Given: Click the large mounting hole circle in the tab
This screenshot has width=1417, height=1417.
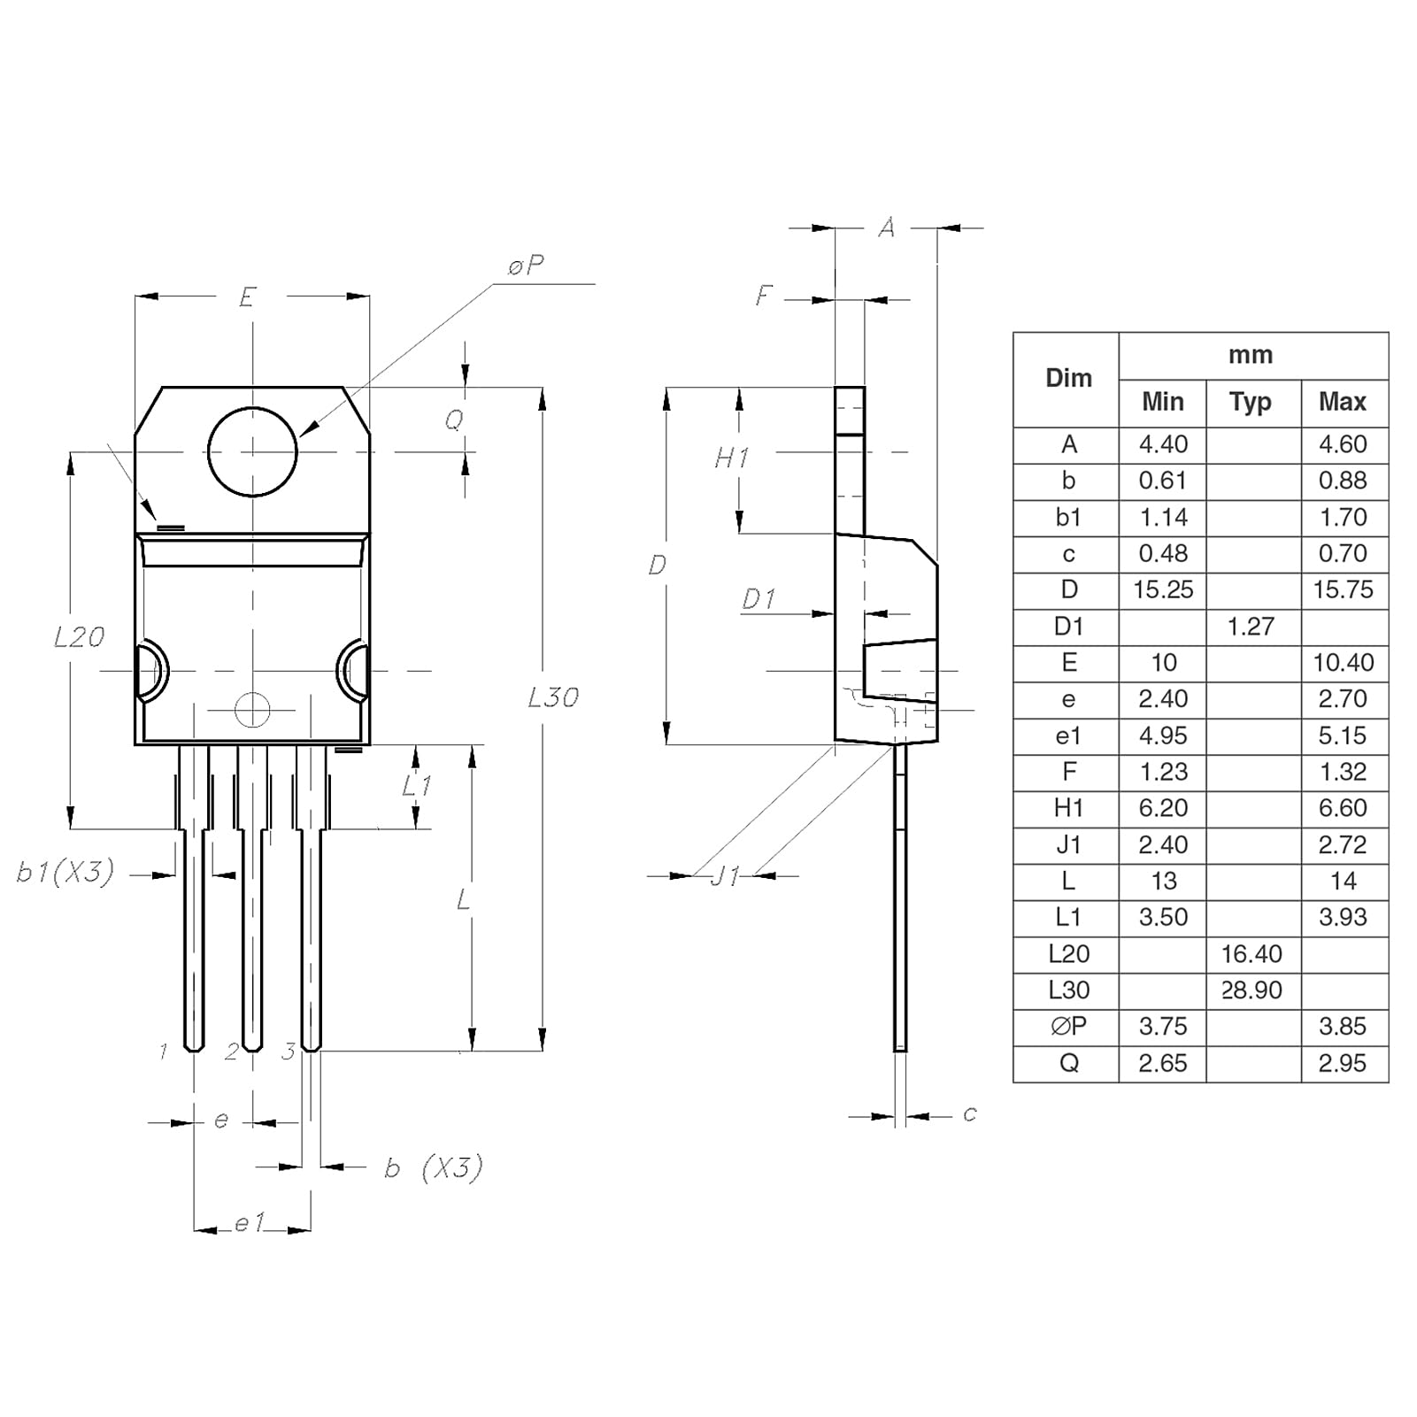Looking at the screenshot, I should [x=252, y=451].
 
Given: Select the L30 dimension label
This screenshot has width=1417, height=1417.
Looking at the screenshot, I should [x=553, y=698].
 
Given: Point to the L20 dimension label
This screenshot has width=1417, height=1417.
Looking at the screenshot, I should [x=79, y=637].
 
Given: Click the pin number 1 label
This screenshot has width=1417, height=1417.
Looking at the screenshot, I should [x=163, y=1051].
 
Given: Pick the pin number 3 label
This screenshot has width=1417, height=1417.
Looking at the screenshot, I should [x=288, y=1051].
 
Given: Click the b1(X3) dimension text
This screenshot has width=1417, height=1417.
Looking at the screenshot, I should [x=65, y=873].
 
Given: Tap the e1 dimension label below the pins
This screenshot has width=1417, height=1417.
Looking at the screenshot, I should [x=250, y=1223].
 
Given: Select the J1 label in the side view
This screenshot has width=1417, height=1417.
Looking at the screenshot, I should [x=726, y=876].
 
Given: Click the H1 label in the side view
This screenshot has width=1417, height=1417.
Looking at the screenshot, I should [x=732, y=458].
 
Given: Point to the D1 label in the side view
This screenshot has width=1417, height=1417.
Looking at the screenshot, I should [x=759, y=599].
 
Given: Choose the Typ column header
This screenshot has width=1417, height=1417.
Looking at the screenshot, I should [x=1250, y=403].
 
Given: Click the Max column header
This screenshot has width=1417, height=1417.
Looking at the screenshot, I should [x=1342, y=403].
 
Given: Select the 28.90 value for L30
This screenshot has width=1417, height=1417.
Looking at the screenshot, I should [x=1251, y=990].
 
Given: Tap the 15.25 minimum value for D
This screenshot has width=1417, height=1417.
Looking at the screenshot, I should [x=1163, y=590].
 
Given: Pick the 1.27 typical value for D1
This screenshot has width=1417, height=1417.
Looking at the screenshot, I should [x=1251, y=627].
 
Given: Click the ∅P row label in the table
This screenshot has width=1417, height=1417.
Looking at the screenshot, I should [x=1068, y=1027].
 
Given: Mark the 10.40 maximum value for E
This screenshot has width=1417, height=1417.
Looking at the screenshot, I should [x=1343, y=663].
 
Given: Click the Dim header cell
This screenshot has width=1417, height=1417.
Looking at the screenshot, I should [x=1068, y=379].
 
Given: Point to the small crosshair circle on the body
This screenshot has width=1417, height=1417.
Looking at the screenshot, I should [x=252, y=709].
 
